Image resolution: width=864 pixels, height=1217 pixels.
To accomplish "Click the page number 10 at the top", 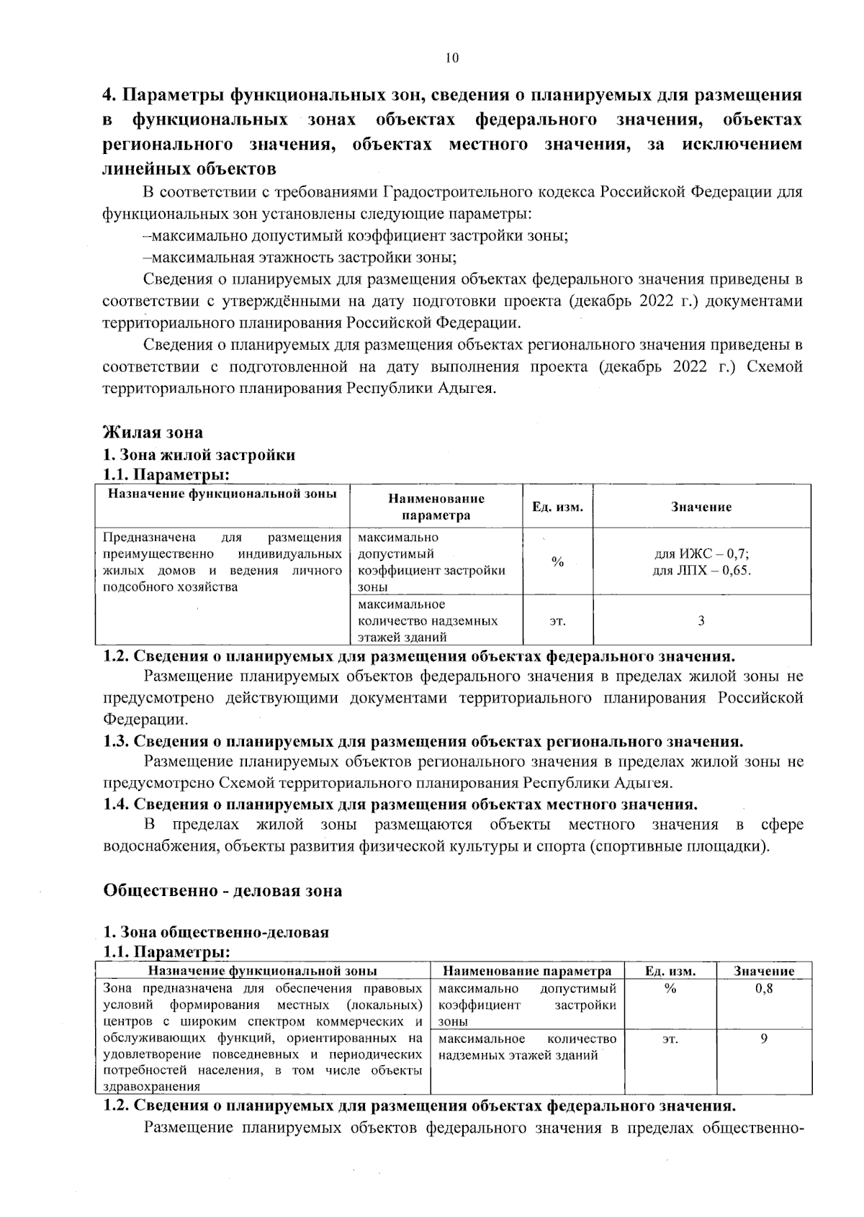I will point(451,58).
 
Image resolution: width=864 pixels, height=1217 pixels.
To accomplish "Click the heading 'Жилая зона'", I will point(153,433).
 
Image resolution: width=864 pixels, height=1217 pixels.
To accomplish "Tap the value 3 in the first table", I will point(701,620).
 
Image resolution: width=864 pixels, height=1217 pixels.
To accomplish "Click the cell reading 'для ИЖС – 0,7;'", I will point(701,554).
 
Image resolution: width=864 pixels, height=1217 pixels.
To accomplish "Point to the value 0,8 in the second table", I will point(764,989).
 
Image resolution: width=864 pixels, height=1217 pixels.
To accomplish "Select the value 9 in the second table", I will point(764,1039).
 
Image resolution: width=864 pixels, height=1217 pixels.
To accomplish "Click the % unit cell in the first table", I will point(557,562).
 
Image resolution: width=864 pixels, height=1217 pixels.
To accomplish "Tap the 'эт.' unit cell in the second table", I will point(670,1039).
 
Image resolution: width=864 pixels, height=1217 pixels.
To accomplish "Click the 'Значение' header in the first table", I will point(701,507).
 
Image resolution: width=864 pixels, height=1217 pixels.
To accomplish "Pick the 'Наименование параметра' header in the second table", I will point(527,971).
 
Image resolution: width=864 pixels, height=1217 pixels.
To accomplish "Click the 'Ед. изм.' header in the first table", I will point(557,507).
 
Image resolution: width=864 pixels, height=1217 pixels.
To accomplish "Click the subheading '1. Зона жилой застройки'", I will point(199,455).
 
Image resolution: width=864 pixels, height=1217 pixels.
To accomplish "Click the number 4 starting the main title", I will point(108,96).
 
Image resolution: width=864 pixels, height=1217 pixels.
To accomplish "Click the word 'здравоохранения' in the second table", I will point(152,1087).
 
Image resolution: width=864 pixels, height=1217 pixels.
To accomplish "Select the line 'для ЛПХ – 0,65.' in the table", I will point(701,571).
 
